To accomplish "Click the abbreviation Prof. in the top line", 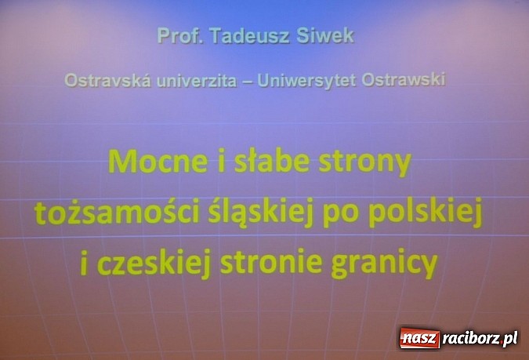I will (175, 36).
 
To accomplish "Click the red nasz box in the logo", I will (420, 339).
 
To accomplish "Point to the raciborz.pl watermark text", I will (480, 339).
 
